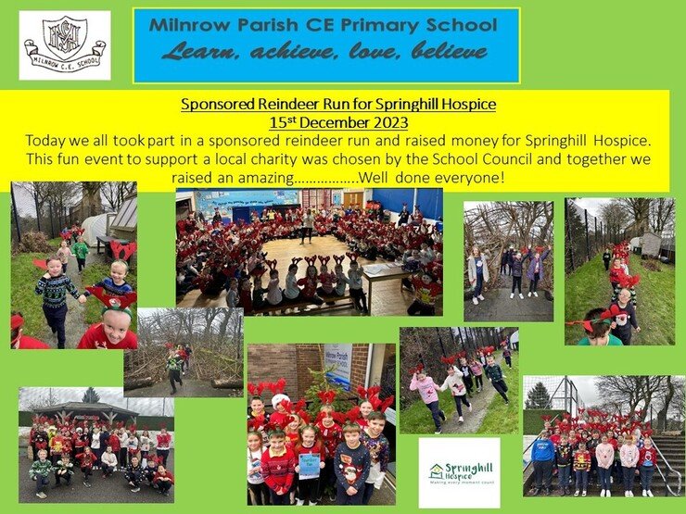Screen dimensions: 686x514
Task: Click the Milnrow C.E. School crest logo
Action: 65,45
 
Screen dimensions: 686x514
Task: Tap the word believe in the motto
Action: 450,51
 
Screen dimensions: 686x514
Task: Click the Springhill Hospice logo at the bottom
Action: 460,473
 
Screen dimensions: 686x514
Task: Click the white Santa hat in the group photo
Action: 280,401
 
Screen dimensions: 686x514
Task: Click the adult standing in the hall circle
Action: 307,226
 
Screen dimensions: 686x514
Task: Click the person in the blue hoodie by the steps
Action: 542,462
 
